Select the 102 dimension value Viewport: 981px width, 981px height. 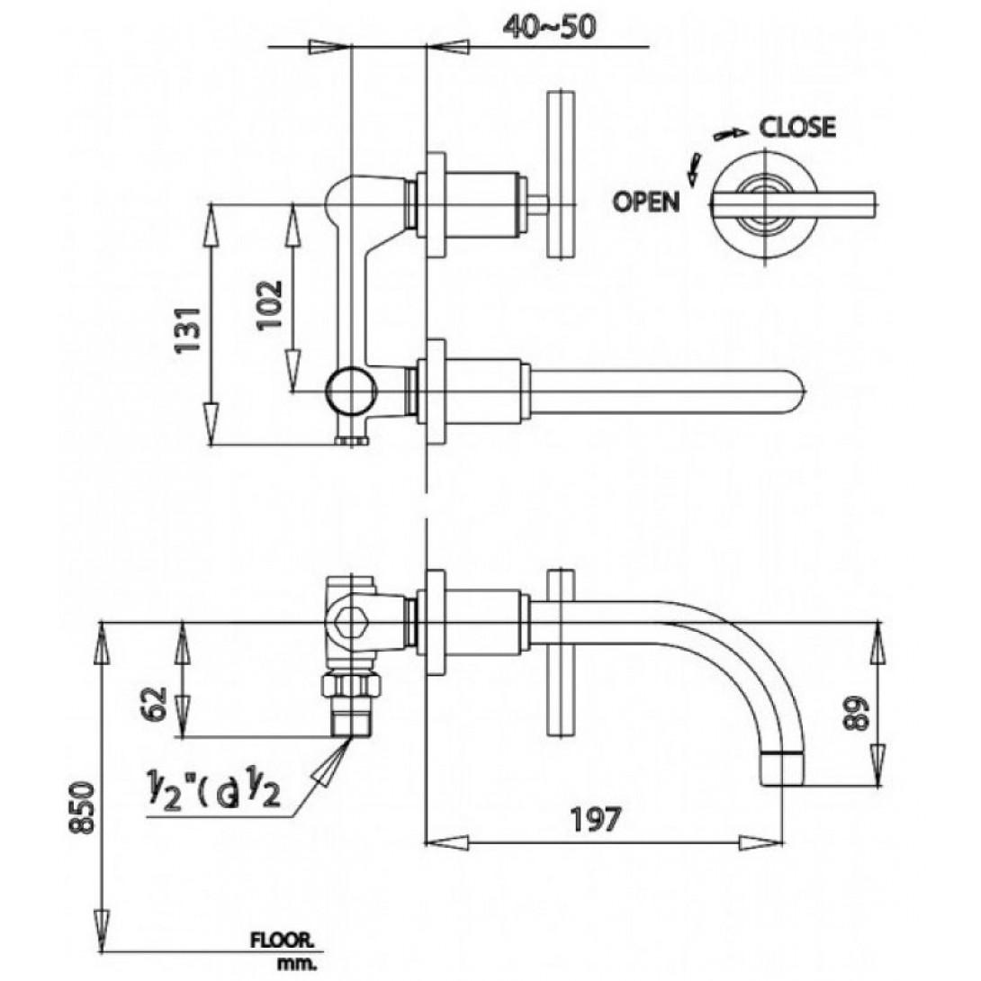coord(271,303)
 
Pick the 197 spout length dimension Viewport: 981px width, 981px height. coord(595,820)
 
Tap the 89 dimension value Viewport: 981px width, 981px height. coord(859,714)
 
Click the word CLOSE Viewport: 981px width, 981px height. coord(797,127)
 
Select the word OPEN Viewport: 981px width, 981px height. coord(646,202)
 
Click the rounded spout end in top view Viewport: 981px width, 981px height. coord(796,390)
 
